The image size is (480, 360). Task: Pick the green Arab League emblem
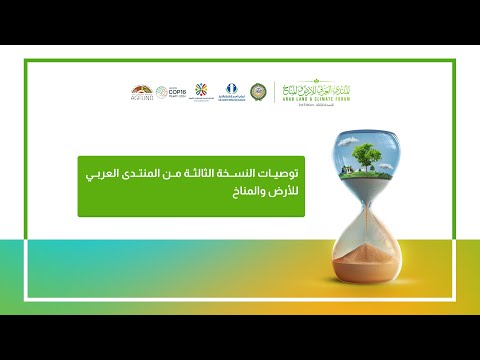(x=261, y=91)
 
